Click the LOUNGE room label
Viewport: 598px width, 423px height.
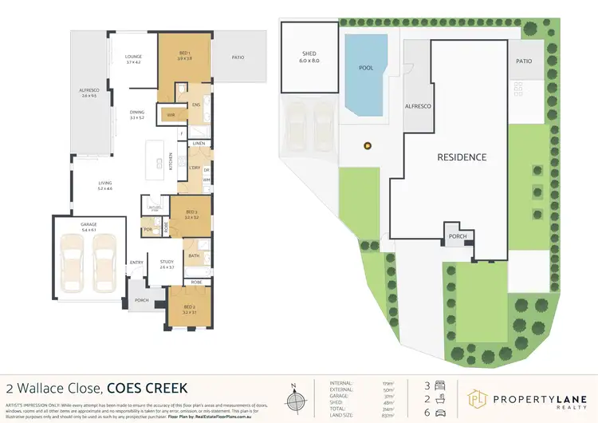tap(132, 57)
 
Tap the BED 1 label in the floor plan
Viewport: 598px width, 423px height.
tap(183, 54)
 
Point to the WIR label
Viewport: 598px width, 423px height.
tap(171, 115)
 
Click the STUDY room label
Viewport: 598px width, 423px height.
tap(166, 262)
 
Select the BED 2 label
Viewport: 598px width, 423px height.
tap(188, 307)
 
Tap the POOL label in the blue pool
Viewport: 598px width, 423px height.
tap(366, 68)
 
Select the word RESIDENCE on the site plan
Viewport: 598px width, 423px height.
tap(461, 157)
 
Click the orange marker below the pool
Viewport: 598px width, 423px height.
tap(367, 146)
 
